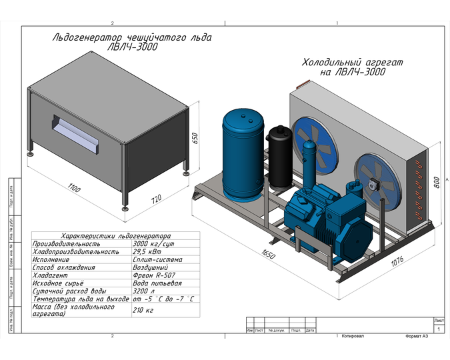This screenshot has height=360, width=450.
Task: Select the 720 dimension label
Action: click(157, 199)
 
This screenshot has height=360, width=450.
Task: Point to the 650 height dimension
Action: click(195, 138)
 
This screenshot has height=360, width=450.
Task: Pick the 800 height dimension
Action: click(436, 181)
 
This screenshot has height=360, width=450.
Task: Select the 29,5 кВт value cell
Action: click(147, 252)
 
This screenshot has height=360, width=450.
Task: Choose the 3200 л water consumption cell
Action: click(144, 291)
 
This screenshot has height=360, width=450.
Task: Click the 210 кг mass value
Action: click(143, 310)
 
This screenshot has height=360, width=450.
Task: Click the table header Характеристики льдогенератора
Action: click(115, 236)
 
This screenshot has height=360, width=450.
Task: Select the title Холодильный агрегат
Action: click(352, 62)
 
